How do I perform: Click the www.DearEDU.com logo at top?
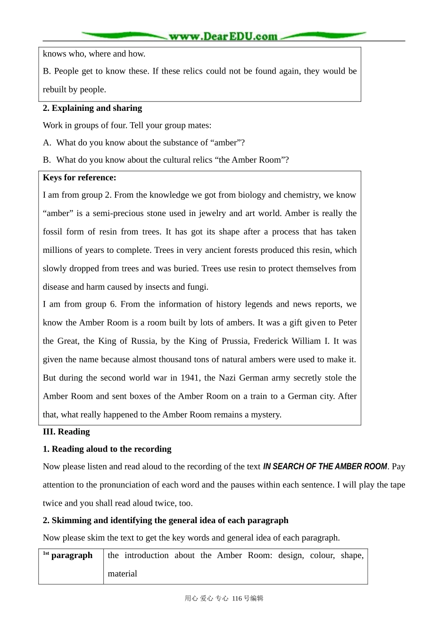point(223,36)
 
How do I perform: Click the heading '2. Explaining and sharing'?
point(92,108)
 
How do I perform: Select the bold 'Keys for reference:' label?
point(79,178)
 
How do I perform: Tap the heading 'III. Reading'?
point(66,432)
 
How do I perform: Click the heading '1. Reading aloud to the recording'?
point(107,449)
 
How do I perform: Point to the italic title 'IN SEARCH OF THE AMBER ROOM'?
point(325,467)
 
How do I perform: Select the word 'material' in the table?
point(122,574)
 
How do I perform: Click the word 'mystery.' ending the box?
point(266,415)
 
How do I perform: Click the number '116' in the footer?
point(237,598)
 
